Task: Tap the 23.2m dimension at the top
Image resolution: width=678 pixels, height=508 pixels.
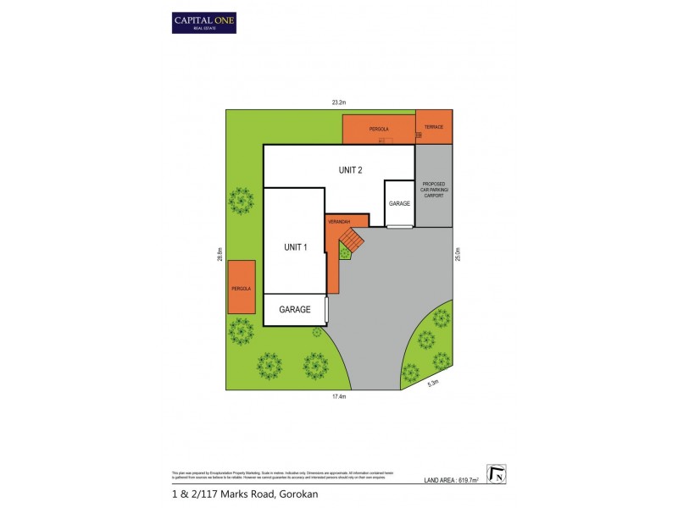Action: (x=339, y=102)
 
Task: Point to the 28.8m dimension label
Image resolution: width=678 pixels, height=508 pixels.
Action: (x=220, y=253)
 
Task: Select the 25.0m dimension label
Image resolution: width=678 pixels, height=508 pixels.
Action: (x=457, y=252)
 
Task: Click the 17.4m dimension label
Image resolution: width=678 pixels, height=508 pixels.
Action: (x=339, y=396)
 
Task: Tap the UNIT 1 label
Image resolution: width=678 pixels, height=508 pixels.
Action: (x=294, y=247)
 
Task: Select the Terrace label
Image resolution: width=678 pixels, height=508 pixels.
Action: (x=434, y=127)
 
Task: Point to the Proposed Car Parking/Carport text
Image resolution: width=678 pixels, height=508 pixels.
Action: (x=434, y=190)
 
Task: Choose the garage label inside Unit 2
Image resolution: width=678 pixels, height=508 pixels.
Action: (x=399, y=204)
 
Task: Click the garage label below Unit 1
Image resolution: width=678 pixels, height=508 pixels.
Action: (x=294, y=310)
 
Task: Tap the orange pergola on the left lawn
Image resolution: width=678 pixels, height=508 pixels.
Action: (x=241, y=288)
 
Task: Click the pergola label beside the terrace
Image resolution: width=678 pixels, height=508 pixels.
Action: (x=379, y=129)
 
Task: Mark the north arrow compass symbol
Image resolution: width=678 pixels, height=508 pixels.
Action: (x=496, y=474)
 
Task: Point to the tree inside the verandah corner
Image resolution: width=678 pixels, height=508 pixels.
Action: (x=345, y=251)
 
